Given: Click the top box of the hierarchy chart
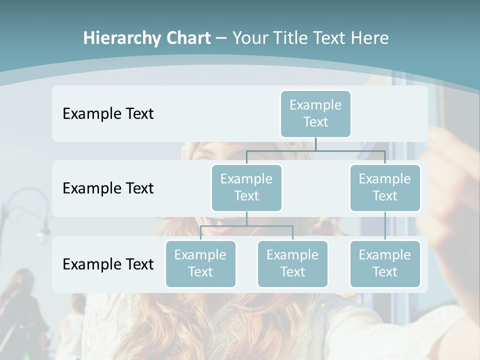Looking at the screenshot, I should pos(315,113).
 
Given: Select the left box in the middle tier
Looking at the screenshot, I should pos(246,187).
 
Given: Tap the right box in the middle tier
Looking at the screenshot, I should pos(385,187).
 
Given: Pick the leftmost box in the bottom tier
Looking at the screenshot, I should pos(200,263).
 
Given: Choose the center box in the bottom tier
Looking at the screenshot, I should pos(292,263).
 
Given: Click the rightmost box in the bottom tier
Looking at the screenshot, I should pos(385,263).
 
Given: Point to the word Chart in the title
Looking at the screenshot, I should pos(187,38).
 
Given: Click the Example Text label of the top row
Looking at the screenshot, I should pos(108,113).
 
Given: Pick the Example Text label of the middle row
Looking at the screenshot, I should pos(108,188).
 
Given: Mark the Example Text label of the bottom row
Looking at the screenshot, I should pos(108,264).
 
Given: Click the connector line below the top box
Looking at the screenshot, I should pos(316,144).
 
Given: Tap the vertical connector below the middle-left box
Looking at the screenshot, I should pos(246,219).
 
